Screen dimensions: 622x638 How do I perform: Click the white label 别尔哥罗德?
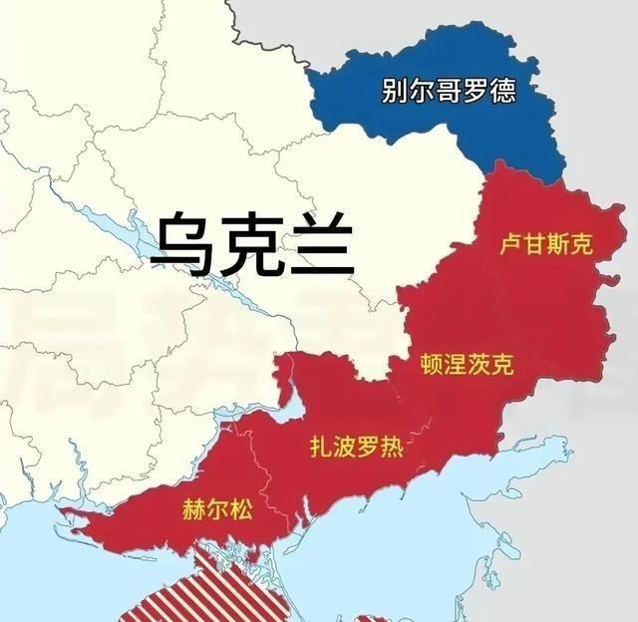[x=449, y=92]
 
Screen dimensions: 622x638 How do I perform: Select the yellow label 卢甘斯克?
[x=545, y=244]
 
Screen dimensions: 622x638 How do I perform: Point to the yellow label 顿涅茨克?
[x=468, y=365]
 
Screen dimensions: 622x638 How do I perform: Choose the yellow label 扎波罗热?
[x=357, y=448]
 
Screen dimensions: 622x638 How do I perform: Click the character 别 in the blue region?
[x=395, y=92]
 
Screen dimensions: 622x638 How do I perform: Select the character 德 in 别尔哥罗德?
[x=502, y=92]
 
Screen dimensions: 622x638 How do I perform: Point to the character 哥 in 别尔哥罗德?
[x=449, y=92]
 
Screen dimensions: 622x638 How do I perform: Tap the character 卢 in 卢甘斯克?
[x=509, y=244]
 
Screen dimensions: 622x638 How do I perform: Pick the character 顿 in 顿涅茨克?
[x=432, y=365]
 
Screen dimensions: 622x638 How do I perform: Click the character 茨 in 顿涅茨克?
[x=479, y=365]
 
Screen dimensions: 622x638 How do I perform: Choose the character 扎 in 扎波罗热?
[x=321, y=448]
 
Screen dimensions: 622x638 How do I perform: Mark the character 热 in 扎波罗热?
[x=393, y=448]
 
